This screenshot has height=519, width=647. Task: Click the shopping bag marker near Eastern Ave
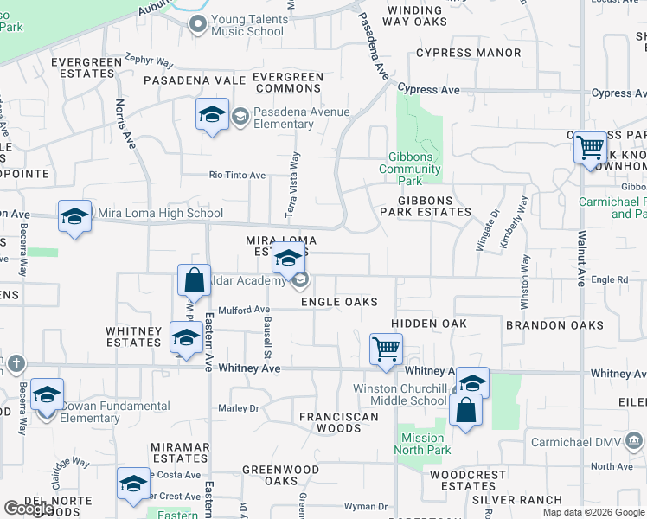194,280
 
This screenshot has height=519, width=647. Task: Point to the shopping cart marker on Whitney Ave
386,349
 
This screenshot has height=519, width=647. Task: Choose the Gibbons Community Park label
412,169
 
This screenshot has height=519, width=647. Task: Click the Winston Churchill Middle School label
400,394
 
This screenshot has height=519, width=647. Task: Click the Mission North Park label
423,444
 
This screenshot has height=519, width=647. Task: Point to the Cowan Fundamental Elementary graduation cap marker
47,395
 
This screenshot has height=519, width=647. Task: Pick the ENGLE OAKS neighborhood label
339,302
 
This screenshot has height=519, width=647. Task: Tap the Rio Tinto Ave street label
237,175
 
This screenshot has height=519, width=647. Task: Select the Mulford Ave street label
245,309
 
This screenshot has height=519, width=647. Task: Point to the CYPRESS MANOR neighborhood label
468,53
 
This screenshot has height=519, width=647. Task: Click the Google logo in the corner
29,509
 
